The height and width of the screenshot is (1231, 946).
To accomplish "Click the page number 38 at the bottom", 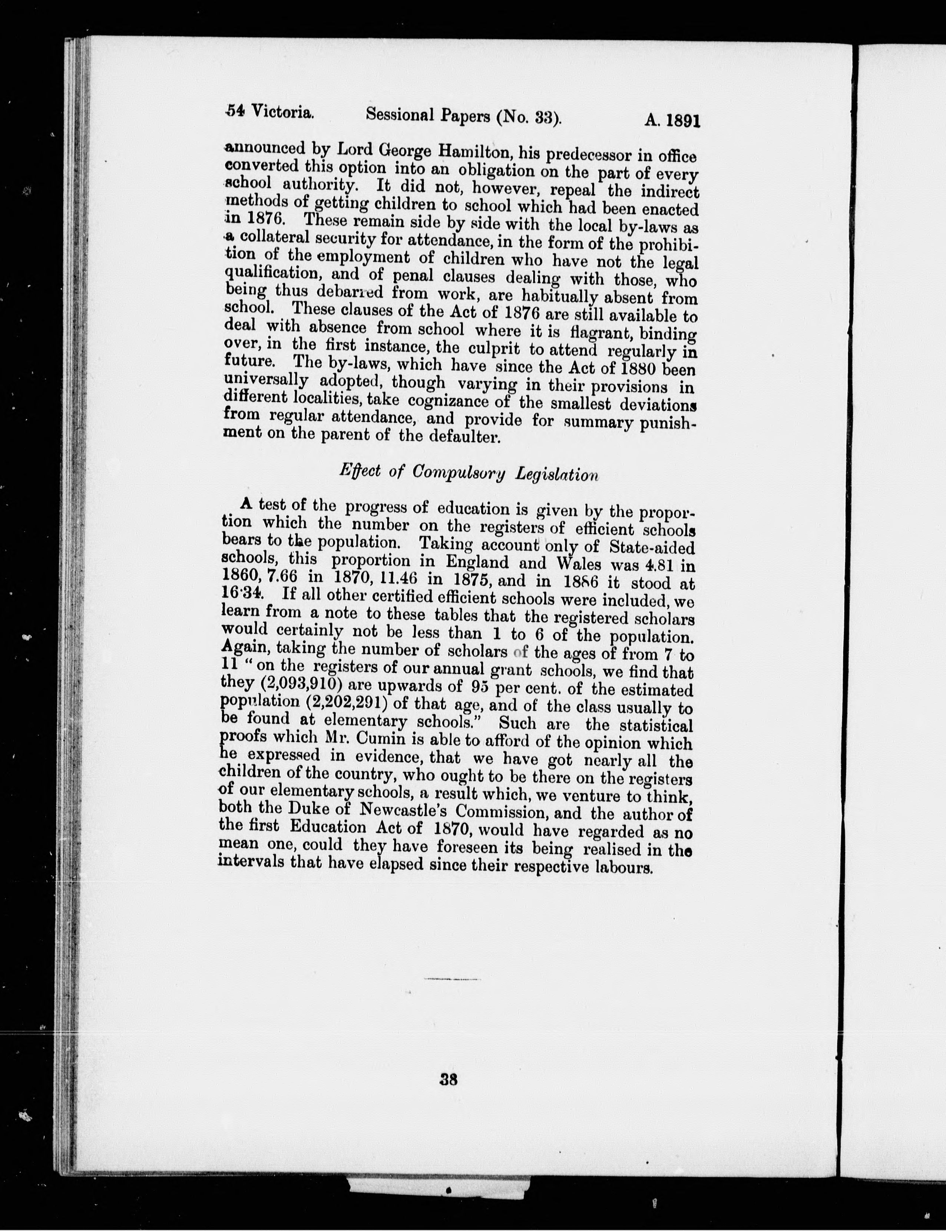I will point(449,1079).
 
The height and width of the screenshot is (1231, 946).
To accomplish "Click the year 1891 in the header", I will point(678,122).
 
